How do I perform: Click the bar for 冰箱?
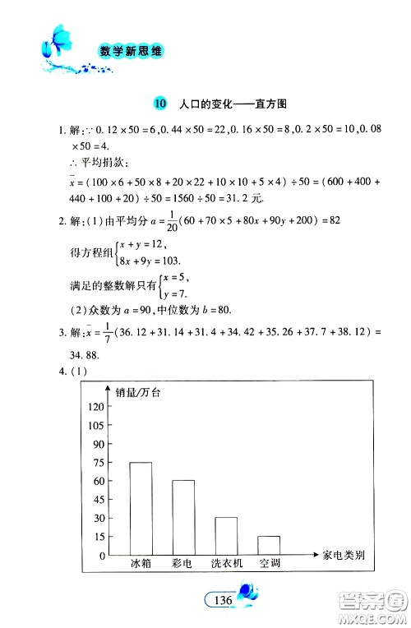[x=141, y=509]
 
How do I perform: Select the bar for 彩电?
[x=182, y=518]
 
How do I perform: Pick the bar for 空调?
[x=268, y=546]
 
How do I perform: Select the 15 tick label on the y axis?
[x=99, y=537]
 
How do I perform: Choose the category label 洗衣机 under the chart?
[x=226, y=564]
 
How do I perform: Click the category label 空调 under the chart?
[x=269, y=564]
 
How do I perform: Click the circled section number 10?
[x=159, y=104]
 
